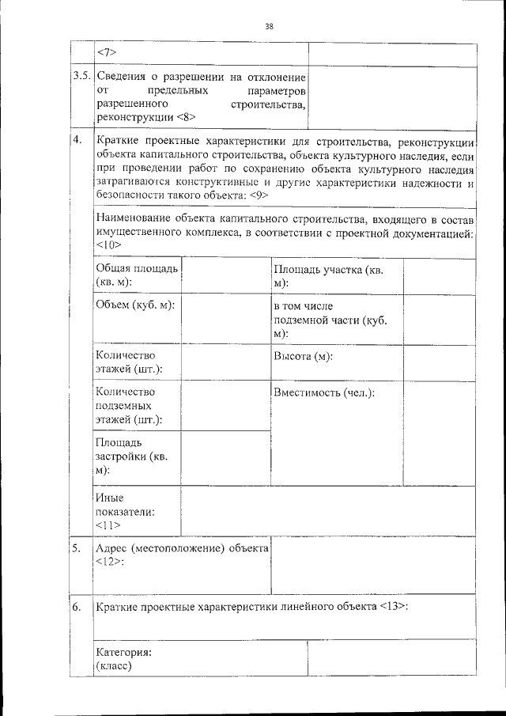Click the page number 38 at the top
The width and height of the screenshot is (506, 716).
click(x=269, y=26)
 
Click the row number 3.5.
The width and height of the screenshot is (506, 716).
click(x=81, y=77)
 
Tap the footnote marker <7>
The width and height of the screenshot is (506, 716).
click(x=107, y=53)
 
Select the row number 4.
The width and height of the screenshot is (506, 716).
click(x=77, y=141)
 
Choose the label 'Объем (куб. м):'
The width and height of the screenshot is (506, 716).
click(x=134, y=305)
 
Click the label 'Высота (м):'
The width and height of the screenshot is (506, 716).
click(x=303, y=356)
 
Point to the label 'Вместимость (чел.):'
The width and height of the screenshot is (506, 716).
click(x=324, y=392)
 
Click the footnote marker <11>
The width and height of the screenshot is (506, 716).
click(x=107, y=525)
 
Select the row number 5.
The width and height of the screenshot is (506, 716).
click(x=76, y=548)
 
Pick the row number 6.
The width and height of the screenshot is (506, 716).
click(x=76, y=607)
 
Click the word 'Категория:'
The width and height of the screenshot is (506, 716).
click(x=123, y=653)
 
